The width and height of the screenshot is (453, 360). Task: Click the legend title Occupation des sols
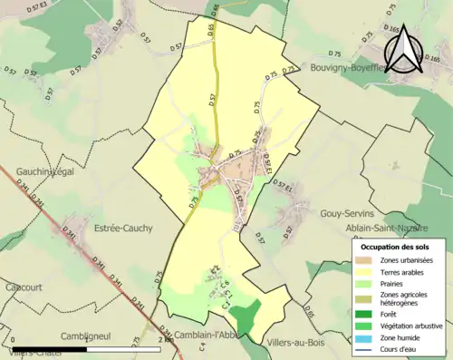pos(396,246)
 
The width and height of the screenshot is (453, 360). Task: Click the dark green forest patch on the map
pos(242,318)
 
